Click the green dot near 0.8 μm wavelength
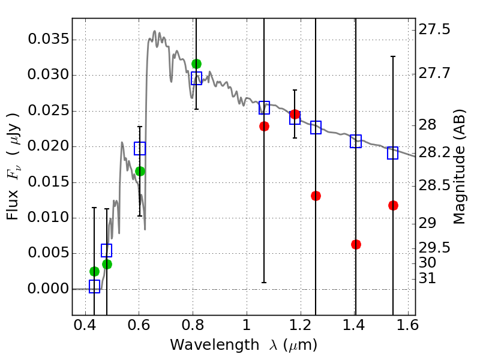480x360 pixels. click(196, 64)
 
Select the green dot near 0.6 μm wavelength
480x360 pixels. click(140, 171)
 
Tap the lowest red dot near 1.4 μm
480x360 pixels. click(356, 244)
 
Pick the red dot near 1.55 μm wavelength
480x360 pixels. click(393, 205)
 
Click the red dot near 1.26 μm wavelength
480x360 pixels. click(316, 196)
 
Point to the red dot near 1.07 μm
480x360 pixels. click(264, 126)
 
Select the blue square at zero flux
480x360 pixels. click(94, 286)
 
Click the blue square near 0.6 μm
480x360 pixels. click(140, 148)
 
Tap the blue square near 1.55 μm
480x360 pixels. click(393, 153)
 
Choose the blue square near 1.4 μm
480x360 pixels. click(356, 142)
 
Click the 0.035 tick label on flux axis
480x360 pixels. click(47, 40)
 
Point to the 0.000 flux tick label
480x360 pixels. click(47, 289)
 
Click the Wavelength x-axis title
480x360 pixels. click(244, 346)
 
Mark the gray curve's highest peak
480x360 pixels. click(154, 31)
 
